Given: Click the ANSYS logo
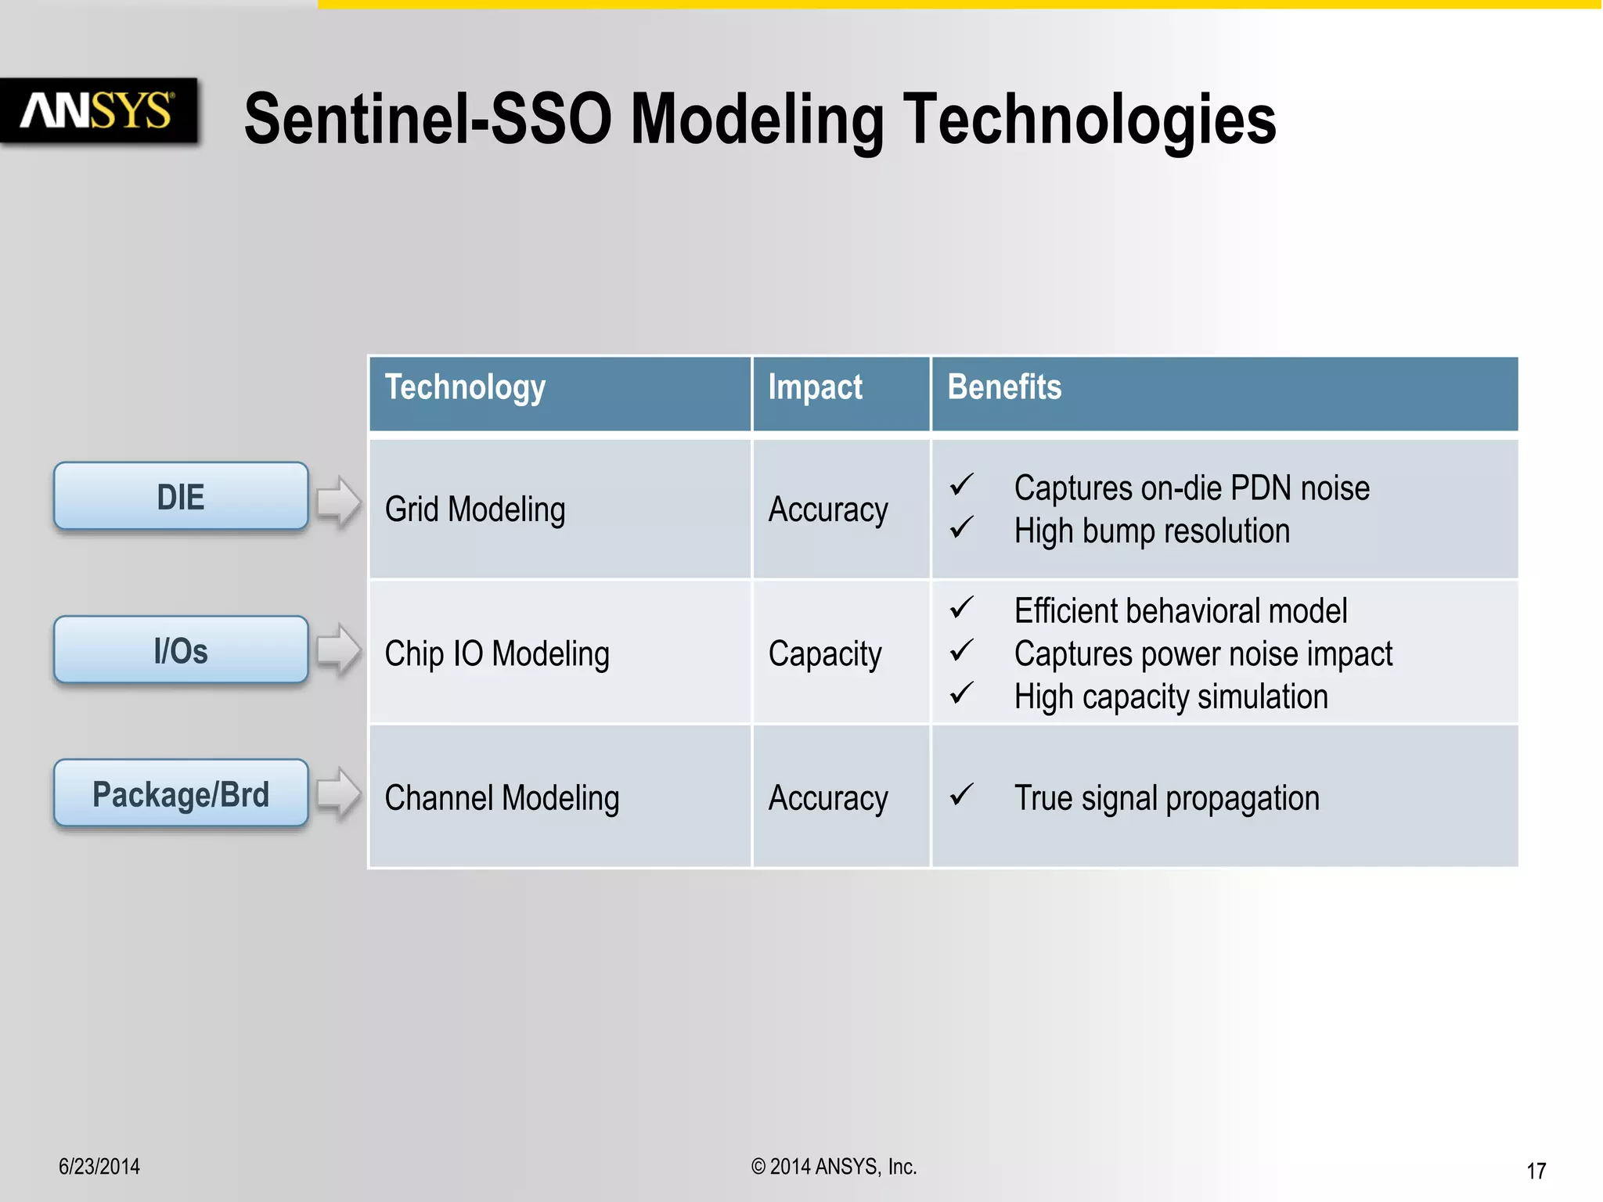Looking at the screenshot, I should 98,110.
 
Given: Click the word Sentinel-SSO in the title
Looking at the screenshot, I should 427,119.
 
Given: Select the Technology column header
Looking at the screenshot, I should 465,388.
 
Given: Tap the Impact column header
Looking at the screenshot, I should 815,388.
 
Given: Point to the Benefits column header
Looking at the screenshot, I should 1004,387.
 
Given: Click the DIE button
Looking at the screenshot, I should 181,497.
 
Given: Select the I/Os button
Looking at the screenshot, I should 181,650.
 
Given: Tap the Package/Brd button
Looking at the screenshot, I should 181,794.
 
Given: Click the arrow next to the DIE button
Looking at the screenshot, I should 338,502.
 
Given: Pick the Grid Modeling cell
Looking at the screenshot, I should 475,509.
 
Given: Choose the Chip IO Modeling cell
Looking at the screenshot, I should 497,653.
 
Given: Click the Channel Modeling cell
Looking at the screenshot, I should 502,798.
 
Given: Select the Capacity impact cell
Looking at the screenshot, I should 825,653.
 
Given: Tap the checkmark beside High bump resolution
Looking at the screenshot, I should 961,528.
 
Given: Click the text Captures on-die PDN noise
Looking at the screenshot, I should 1191,488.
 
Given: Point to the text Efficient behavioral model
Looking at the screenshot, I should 1180,611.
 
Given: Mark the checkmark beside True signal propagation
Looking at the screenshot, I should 961,795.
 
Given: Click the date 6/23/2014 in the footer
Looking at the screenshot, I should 99,1167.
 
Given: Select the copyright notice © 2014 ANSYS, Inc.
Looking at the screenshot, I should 834,1167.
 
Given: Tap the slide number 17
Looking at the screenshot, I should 1536,1171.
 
